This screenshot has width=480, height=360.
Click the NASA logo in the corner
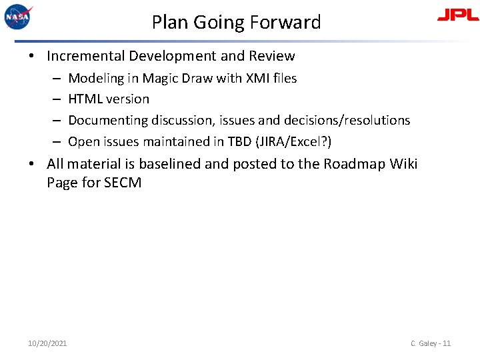[x=18, y=17]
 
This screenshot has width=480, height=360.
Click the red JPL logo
[x=457, y=15]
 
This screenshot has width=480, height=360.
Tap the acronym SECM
[x=123, y=183]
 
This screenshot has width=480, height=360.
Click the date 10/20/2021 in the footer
[x=47, y=343]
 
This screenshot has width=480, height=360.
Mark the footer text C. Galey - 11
[x=431, y=343]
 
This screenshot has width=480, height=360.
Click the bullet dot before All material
[x=33, y=164]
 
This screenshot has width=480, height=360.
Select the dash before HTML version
[x=56, y=99]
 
